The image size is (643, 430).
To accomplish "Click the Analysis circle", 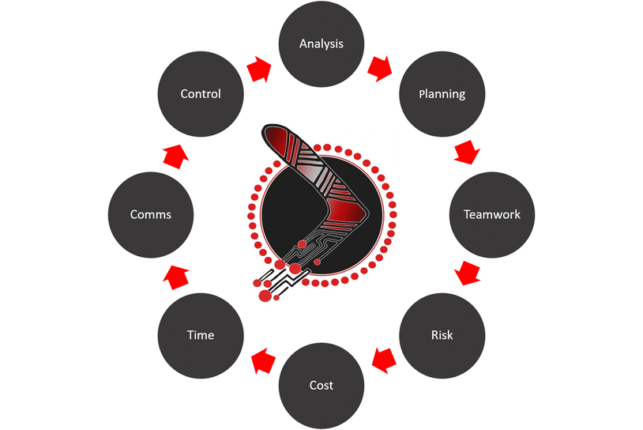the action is click(321, 44).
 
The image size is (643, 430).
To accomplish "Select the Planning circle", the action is click(442, 94).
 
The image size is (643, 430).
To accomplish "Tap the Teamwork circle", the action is click(492, 214).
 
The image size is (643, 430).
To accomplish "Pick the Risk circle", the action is click(442, 335).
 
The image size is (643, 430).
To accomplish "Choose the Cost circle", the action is click(321, 385).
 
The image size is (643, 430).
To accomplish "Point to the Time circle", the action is click(201, 335).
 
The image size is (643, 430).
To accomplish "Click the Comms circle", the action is click(151, 214).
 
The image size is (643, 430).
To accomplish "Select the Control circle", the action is click(201, 94).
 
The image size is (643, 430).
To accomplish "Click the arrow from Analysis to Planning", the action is click(380, 69).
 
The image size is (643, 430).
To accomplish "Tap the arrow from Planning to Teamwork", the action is click(467, 152).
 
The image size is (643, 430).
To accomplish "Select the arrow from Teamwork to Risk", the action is click(467, 273).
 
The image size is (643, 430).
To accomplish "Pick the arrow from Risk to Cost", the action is click(384, 360).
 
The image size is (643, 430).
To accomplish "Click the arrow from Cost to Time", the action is click(263, 360).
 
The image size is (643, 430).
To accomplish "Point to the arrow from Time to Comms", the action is click(176, 277).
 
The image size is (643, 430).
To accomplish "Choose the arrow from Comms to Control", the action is click(176, 157).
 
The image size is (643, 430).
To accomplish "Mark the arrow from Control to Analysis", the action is click(259, 69).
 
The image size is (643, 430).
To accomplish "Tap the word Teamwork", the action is click(492, 214).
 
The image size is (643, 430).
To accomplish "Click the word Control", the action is click(201, 94).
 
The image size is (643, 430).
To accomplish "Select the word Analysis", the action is click(321, 44).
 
